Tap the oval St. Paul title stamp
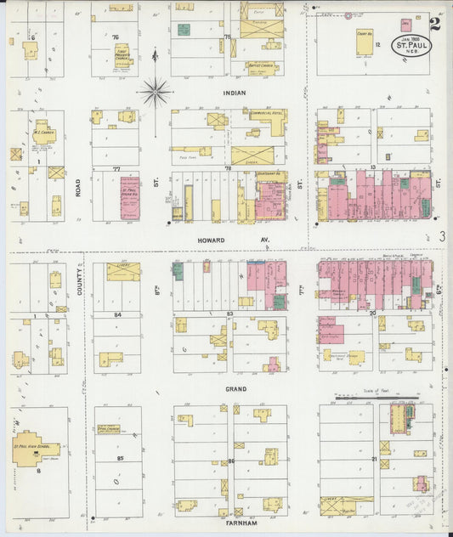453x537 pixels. tap(410, 43)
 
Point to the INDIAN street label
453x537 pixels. tap(234, 93)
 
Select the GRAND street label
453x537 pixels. tap(235, 389)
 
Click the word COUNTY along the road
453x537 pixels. tap(78, 283)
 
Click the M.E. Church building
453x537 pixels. tap(44, 133)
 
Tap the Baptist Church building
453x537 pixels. tap(258, 65)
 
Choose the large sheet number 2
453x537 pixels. tap(434, 24)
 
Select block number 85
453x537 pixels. tap(120, 459)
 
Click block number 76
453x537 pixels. tap(114, 37)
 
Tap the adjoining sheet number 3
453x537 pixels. tap(443, 237)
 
